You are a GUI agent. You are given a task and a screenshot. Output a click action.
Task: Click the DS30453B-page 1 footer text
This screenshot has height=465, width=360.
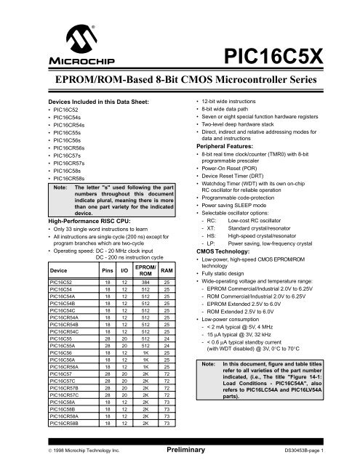316,450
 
